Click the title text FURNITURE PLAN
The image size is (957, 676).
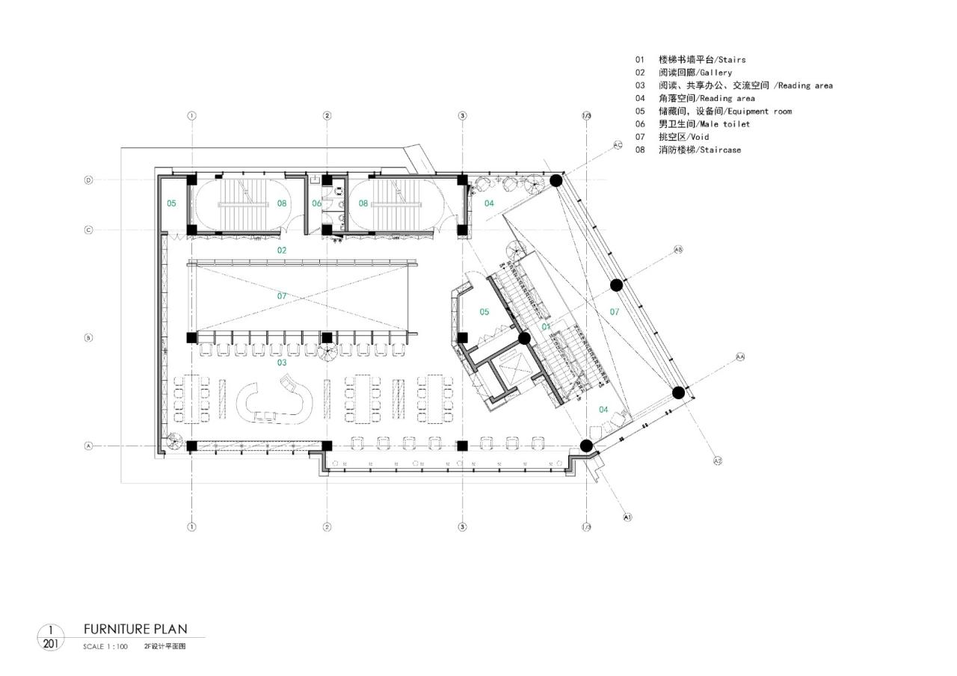[135, 629]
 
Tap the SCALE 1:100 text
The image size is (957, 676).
[105, 646]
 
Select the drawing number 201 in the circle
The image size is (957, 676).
[51, 643]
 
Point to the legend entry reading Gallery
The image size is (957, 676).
[684, 73]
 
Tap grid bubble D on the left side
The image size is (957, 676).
[88, 180]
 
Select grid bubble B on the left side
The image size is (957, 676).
[88, 338]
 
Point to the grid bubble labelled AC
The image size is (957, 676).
[618, 145]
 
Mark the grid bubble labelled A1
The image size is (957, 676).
[627, 516]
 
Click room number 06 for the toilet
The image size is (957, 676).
[316, 203]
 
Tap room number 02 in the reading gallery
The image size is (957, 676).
[282, 250]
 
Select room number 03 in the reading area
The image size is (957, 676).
[282, 363]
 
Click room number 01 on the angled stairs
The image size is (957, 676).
[546, 327]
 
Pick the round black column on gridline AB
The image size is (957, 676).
[616, 285]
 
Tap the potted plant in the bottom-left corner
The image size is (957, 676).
[174, 440]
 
